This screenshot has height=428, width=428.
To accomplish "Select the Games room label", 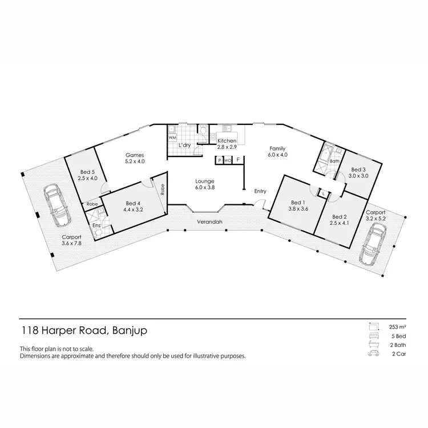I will (135, 158).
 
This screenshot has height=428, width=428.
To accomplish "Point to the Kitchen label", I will (227, 143).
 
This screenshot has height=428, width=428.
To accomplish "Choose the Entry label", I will (261, 191).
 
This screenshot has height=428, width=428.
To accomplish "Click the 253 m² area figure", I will (397, 327).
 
